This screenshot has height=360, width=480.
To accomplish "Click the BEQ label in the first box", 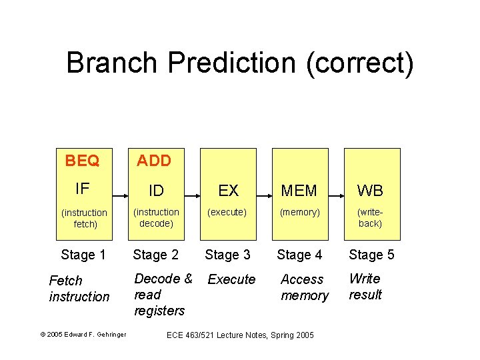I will coord(82,161).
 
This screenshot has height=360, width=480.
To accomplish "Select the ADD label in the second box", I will coord(154,161).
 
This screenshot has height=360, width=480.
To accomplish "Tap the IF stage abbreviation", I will coord(82,189).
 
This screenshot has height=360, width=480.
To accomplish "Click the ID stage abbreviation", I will coord(156,191).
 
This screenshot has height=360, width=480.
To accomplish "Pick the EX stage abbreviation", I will coord(228,191).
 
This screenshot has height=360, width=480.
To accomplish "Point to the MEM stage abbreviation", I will coord(299,191).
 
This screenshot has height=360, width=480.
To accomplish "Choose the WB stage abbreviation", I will coord(370,191).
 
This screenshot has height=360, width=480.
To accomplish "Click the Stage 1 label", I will coord(83,254).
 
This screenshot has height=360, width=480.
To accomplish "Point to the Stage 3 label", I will coord(227,254).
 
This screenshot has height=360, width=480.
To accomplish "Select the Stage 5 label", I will coord(371,254).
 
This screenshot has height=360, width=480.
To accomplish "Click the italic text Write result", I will coord(365,287).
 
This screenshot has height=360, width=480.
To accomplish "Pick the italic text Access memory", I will coord(304,287).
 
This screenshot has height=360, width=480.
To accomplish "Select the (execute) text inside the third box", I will coord(227,213).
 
